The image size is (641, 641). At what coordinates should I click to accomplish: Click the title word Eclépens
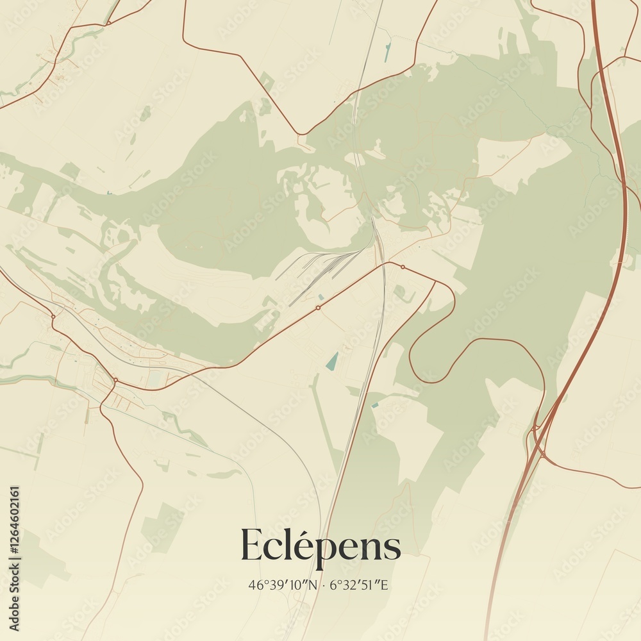(x=320, y=545)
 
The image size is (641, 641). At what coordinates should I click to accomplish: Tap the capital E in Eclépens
(x=252, y=545)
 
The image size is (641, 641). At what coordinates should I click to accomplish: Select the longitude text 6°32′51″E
(x=362, y=585)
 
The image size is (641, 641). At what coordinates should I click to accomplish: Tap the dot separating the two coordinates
(x=324, y=585)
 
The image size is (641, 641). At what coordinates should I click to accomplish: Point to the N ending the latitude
(x=313, y=585)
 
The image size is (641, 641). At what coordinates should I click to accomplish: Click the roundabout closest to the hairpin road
(x=403, y=267)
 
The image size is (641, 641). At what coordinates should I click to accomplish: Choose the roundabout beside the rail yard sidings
(x=317, y=308)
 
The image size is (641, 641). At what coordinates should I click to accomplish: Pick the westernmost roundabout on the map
(x=53, y=316)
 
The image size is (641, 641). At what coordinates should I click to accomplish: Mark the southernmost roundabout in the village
(x=115, y=380)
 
